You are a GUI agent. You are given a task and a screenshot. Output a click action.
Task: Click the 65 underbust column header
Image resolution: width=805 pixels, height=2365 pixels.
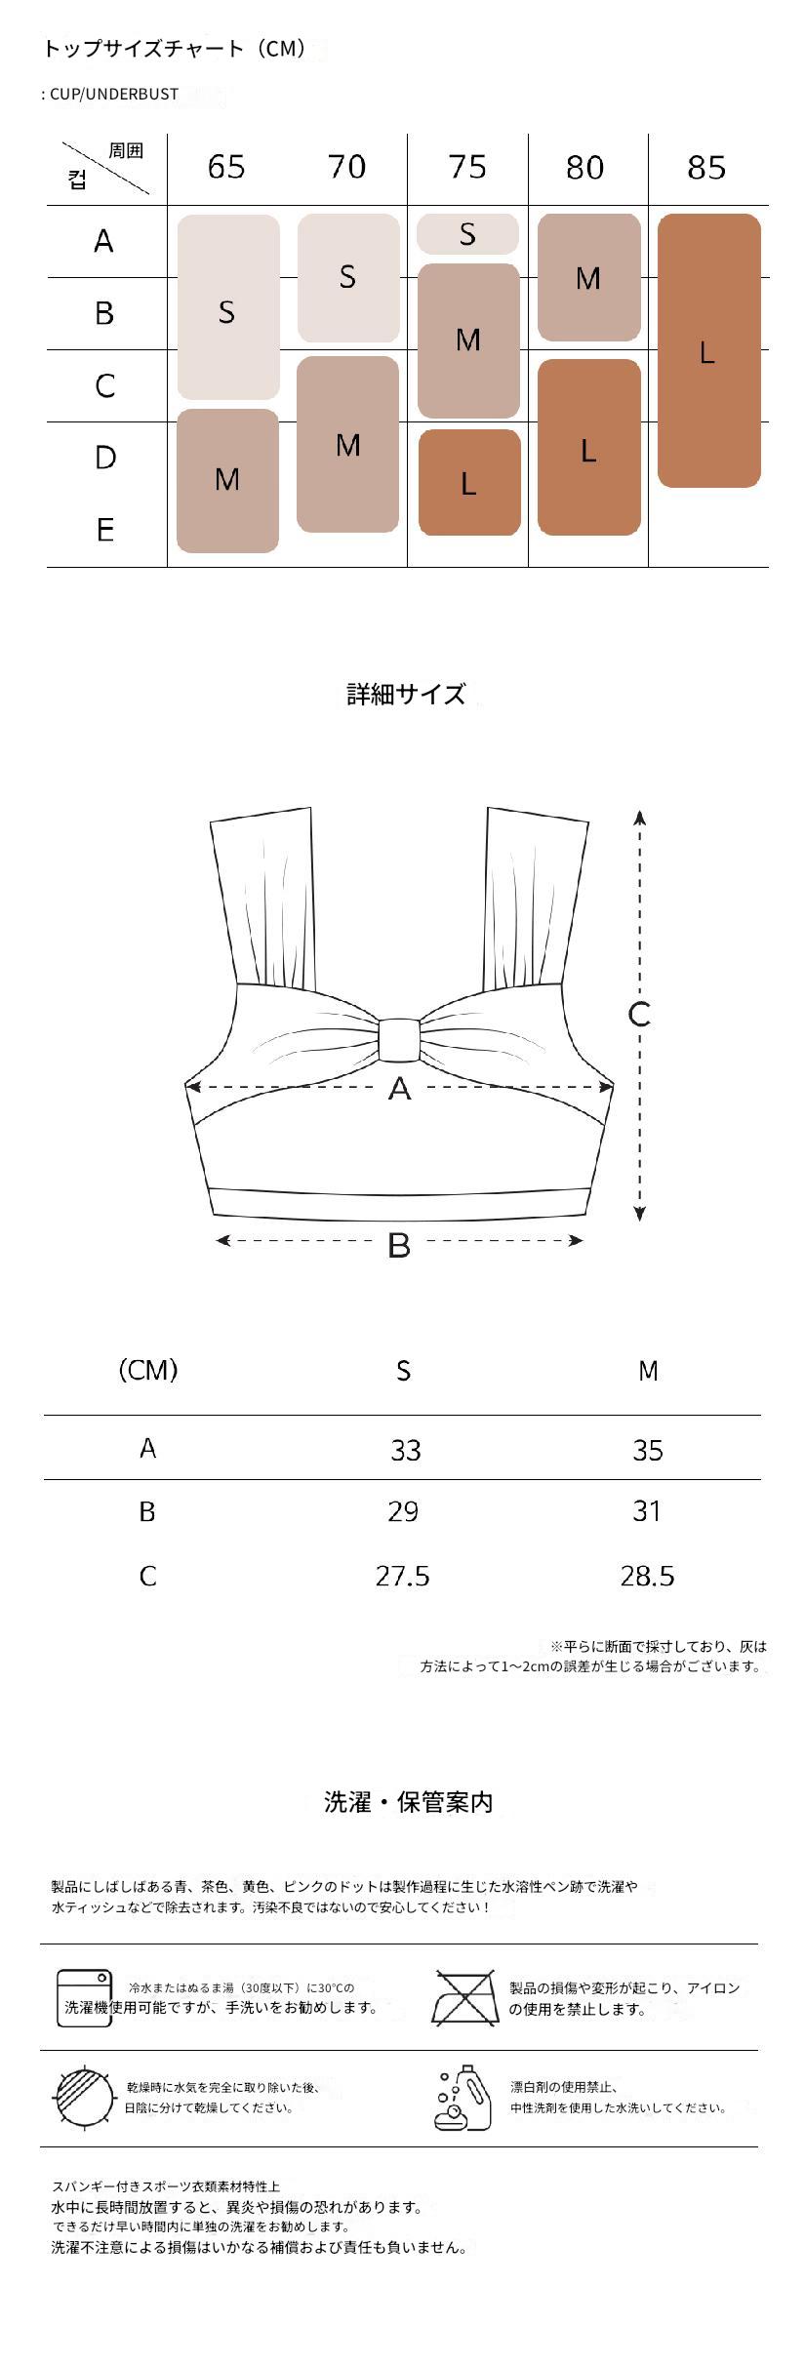[226, 167]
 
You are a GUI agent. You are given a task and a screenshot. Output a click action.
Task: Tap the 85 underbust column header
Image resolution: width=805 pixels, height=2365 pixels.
[706, 168]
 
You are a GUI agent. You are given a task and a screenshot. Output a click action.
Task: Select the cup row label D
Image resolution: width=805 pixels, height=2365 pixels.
[105, 457]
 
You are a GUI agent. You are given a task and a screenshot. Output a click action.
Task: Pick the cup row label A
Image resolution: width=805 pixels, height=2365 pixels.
[104, 241]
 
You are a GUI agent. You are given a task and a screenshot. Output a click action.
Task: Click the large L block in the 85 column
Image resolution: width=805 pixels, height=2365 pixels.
[709, 350]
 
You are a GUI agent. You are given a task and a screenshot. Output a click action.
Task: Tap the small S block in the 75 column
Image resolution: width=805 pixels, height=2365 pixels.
[467, 234]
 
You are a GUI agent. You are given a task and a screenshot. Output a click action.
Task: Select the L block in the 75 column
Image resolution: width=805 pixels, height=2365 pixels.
[469, 482]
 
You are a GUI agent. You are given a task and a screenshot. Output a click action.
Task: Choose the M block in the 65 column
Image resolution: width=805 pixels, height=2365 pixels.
[227, 480]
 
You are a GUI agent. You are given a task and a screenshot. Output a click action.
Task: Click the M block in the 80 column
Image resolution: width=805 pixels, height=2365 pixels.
[588, 278]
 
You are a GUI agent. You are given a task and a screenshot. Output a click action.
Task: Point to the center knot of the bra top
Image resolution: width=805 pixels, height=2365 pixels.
[398, 1040]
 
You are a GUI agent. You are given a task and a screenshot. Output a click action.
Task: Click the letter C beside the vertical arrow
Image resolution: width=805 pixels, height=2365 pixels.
[639, 1015]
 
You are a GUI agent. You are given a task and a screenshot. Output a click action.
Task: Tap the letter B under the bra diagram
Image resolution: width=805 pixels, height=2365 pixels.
[398, 1245]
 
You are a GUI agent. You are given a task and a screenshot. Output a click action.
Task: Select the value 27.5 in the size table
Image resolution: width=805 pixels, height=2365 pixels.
[402, 1576]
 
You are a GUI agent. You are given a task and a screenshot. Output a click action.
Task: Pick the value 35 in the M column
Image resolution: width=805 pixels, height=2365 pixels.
[648, 1450]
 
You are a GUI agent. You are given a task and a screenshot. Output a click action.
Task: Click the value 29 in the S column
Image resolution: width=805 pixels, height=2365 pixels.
[403, 1511]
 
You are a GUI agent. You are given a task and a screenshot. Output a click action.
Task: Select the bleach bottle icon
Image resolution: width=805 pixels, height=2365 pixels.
[462, 2096]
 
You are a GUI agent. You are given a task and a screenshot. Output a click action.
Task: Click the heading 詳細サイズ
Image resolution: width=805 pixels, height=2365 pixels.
[406, 694]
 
